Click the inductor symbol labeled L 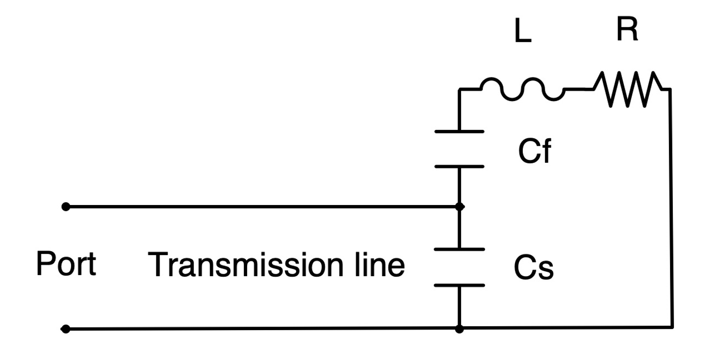point(521,89)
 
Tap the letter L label point(523,33)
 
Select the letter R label point(627,30)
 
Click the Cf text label point(534,152)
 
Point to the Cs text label point(534,268)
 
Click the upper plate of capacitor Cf point(459,131)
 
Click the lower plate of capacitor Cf point(459,167)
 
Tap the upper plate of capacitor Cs point(459,249)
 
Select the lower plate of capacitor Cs point(459,285)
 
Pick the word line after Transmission point(378,265)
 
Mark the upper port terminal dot point(66,207)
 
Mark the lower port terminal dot point(66,329)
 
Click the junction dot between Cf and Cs point(459,207)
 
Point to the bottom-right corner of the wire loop point(672,327)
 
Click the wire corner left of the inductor point(459,90)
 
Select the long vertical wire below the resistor point(671,206)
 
